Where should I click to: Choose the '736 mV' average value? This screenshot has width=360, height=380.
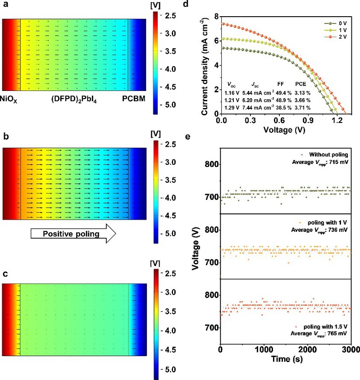click(x=341, y=230)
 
